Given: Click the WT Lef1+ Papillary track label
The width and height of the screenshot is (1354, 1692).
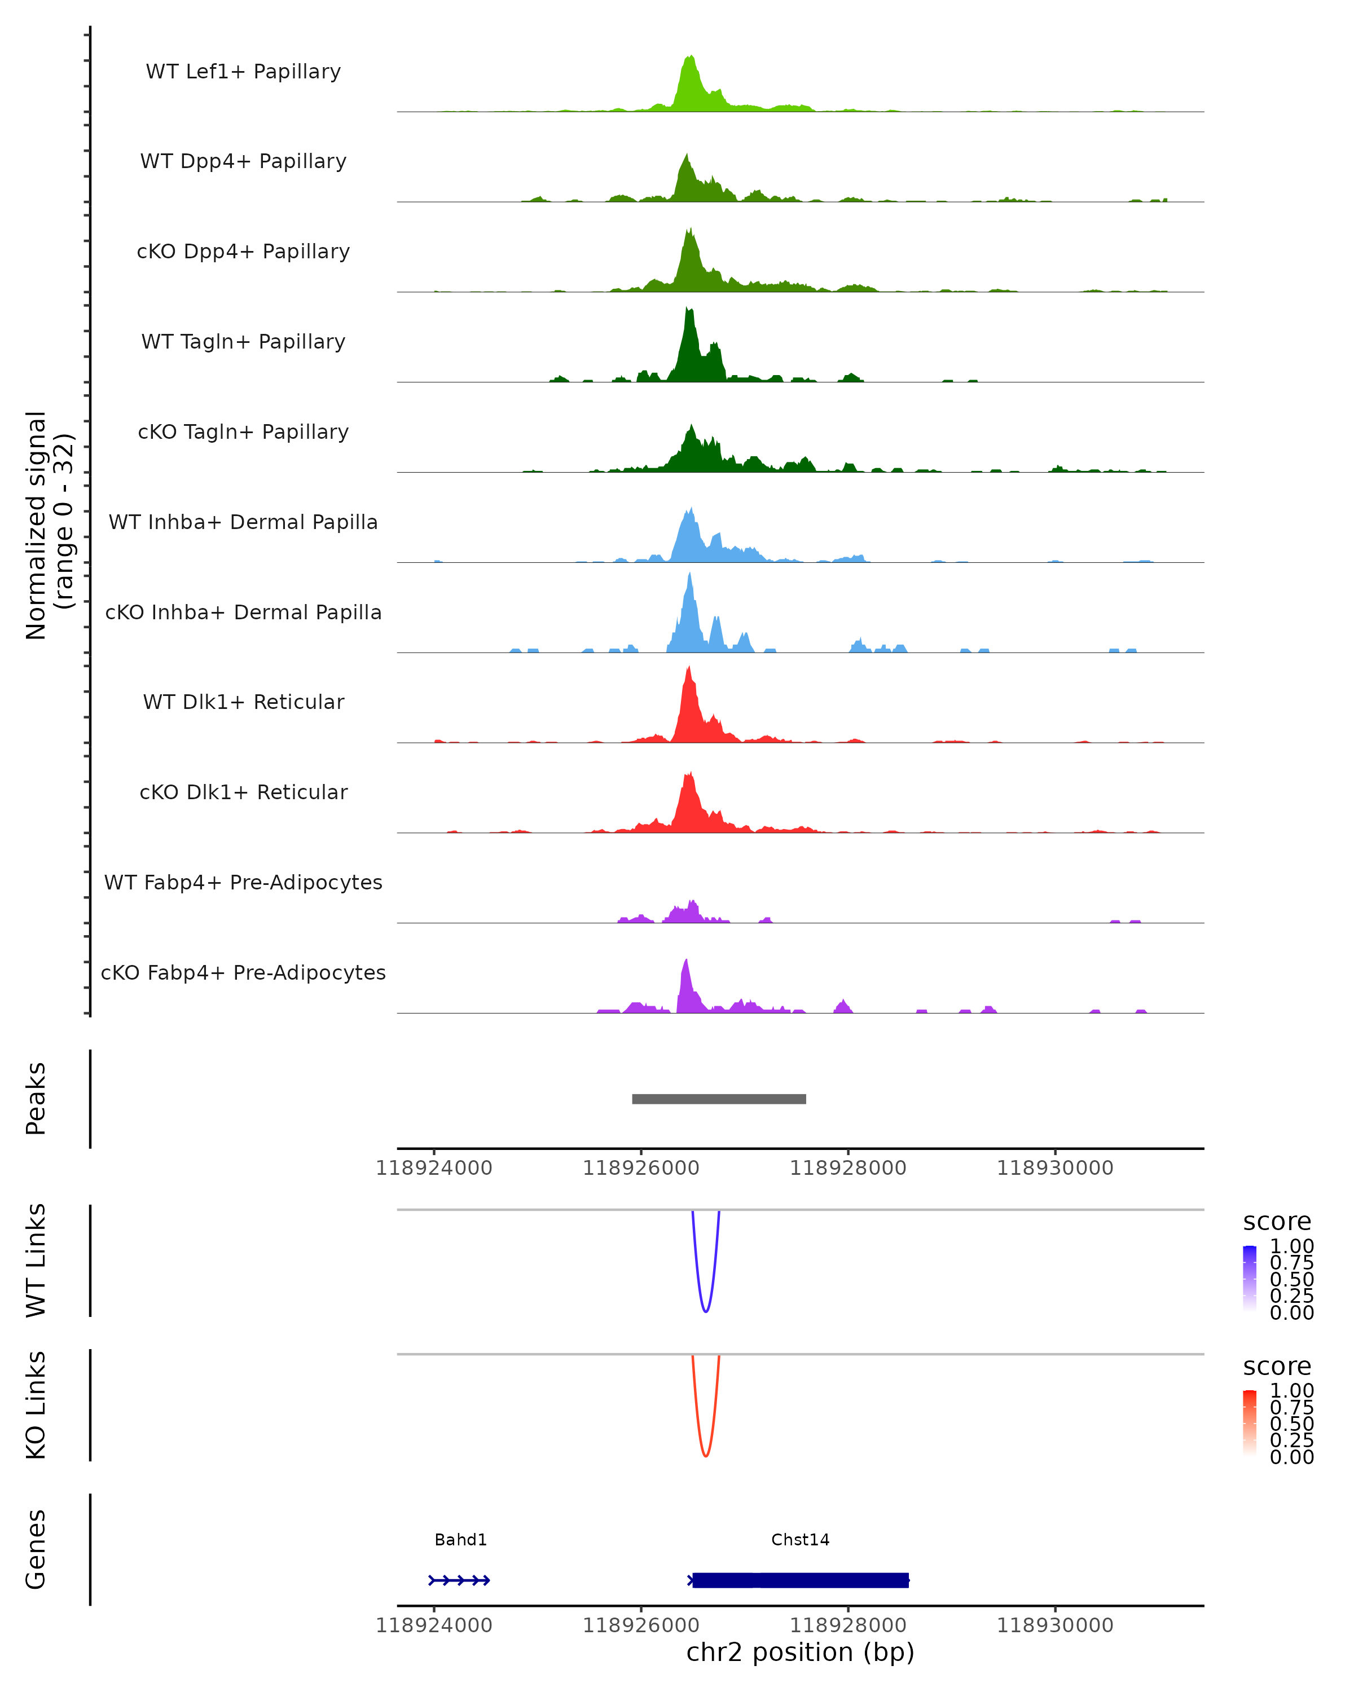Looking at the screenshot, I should [243, 72].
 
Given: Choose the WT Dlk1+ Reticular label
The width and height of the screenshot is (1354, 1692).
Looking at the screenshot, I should [243, 702].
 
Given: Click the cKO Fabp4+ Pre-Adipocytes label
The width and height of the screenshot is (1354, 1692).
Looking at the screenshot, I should [243, 972].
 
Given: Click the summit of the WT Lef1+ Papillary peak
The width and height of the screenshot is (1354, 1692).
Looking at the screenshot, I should [690, 58].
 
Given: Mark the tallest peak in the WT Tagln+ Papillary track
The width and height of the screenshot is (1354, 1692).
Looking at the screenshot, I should [688, 311].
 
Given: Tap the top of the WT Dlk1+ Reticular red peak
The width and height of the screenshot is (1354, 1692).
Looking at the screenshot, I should [688, 669].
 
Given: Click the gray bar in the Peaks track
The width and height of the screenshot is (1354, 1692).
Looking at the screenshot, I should [719, 1099].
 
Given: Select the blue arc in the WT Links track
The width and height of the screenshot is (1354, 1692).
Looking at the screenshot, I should [706, 1311].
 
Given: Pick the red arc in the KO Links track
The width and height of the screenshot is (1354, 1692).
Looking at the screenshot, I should [706, 1455].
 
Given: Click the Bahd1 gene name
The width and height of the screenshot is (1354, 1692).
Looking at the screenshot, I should [461, 1540].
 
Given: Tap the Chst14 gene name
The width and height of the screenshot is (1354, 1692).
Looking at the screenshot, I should [800, 1540].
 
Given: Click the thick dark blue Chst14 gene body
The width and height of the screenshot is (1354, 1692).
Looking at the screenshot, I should [801, 1580].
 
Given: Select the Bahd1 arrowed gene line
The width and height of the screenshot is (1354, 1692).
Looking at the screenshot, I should [459, 1580].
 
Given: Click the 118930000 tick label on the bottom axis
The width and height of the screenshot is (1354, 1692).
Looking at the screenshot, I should [1055, 1625].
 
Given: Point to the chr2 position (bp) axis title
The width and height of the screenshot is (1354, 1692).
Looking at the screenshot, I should [800, 1653].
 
